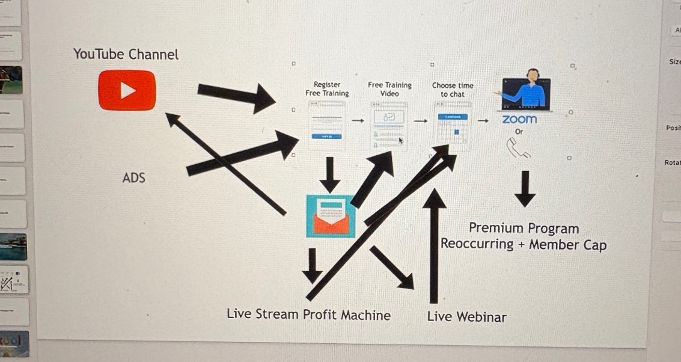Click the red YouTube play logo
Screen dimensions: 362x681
pos(127,90)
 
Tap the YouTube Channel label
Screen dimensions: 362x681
pos(126,55)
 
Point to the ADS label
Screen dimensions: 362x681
pos(134,178)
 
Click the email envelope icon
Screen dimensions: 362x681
pos(330,216)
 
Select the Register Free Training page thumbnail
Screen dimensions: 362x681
pos(327,125)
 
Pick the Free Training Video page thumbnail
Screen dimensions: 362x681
pos(390,126)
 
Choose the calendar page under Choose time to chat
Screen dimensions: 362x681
pos(452,125)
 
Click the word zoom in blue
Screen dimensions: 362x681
pos(520,119)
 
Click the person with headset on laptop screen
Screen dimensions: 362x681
pos(526,92)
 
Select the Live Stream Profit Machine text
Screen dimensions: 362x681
pos(308,315)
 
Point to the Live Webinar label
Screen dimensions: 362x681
pos(467,317)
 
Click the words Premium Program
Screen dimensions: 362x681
pos(524,228)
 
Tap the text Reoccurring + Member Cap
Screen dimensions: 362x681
pos(523,244)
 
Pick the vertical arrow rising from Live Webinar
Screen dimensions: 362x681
pos(433,245)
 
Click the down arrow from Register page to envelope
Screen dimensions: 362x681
pos(329,175)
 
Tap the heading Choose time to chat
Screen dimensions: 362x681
pos(453,89)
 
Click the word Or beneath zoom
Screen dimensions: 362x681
pos(519,132)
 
